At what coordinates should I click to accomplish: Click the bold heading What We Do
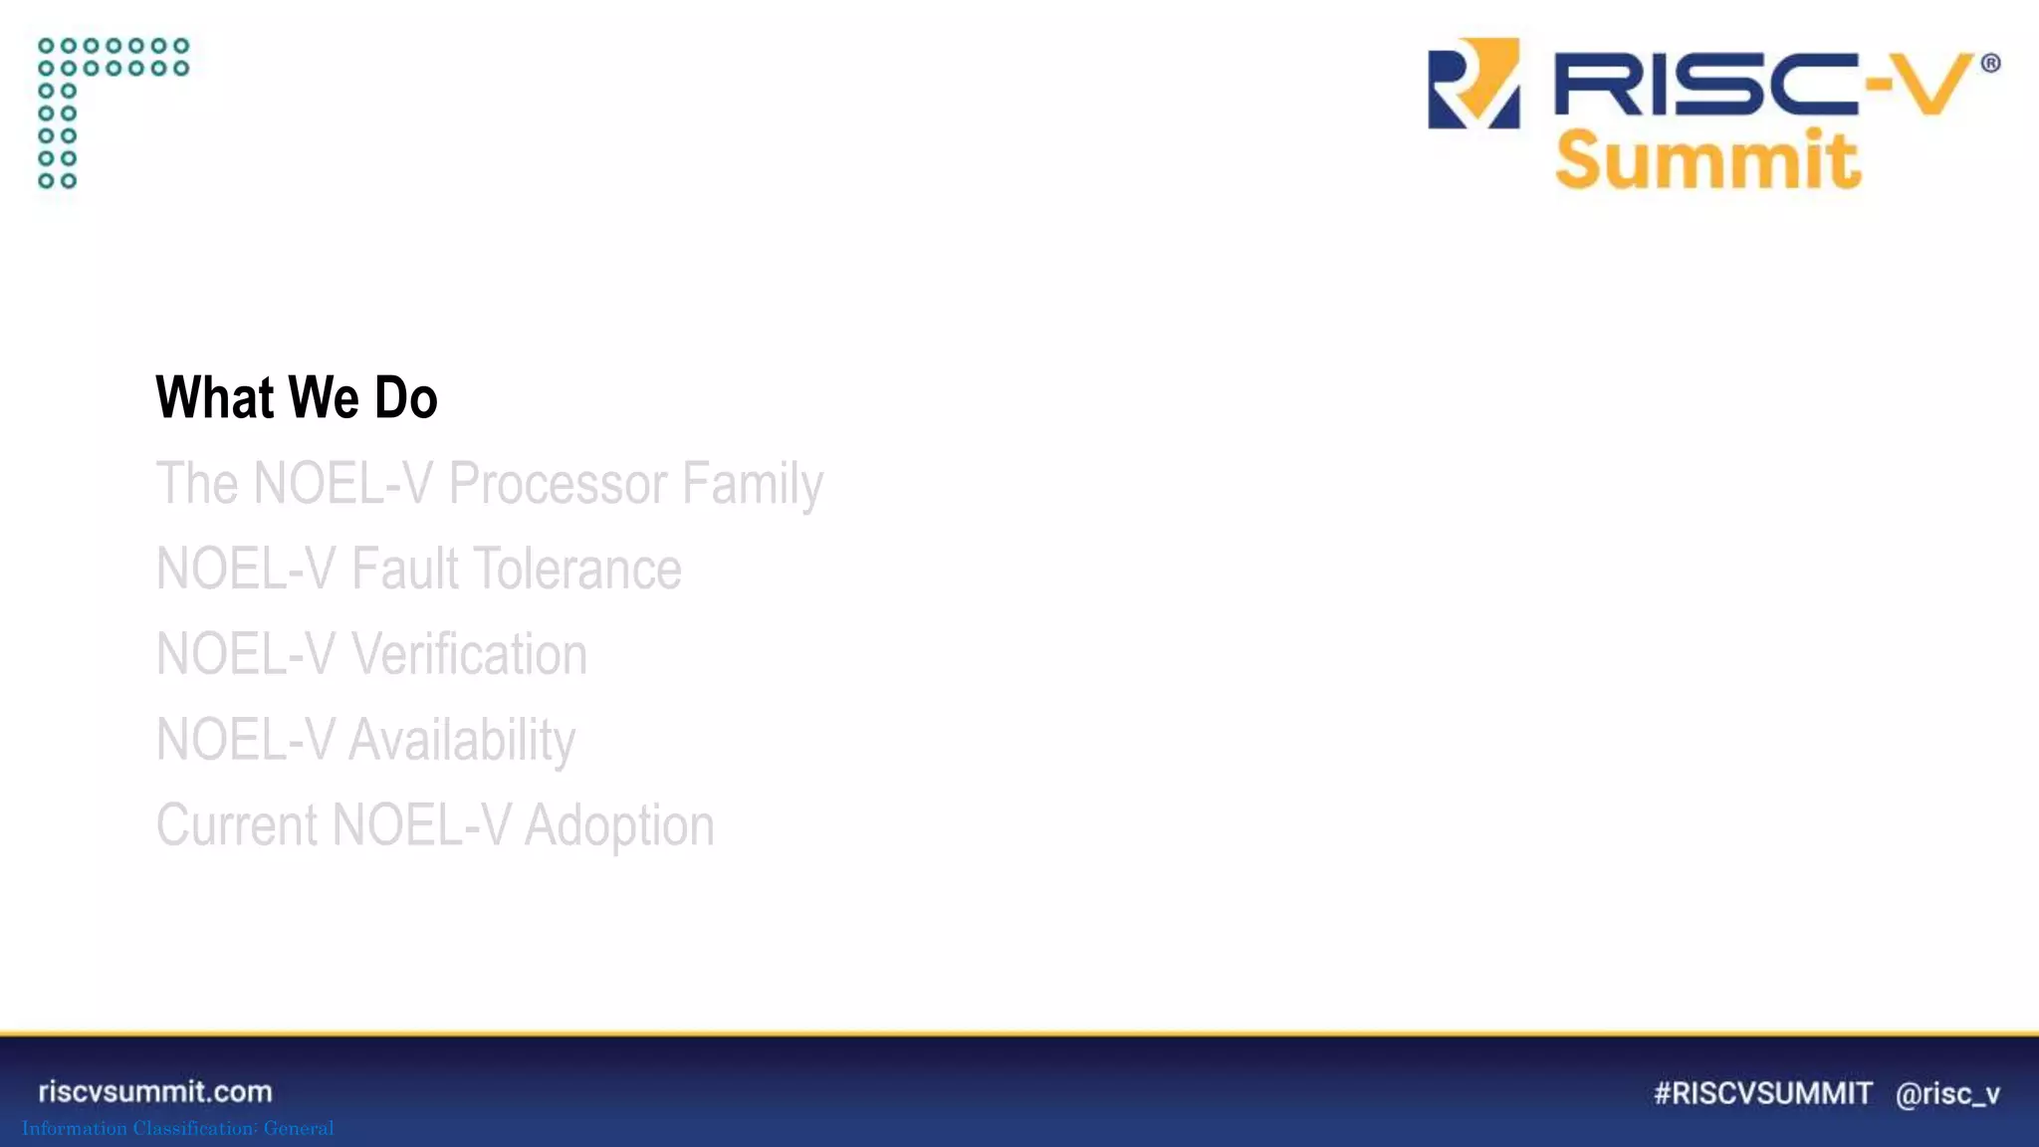pyautogui.click(x=297, y=397)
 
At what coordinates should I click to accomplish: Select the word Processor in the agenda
pyautogui.click(x=558, y=484)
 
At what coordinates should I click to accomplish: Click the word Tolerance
pyautogui.click(x=576, y=570)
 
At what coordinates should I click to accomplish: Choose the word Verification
pyautogui.click(x=469, y=655)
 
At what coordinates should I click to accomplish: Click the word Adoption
pyautogui.click(x=619, y=826)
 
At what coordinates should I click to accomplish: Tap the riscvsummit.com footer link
pyautogui.click(x=155, y=1091)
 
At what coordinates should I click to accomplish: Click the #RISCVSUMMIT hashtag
pyautogui.click(x=1763, y=1093)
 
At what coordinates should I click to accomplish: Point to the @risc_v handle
pyautogui.click(x=1947, y=1094)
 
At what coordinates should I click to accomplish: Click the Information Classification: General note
pyautogui.click(x=178, y=1128)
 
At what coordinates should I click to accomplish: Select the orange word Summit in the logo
pyautogui.click(x=1707, y=159)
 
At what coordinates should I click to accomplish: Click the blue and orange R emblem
pyautogui.click(x=1473, y=84)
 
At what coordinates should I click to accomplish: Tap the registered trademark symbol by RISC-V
pyautogui.click(x=1990, y=64)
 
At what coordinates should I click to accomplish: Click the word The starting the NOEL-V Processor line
pyautogui.click(x=197, y=484)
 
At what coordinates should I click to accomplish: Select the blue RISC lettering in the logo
pyautogui.click(x=1702, y=84)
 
